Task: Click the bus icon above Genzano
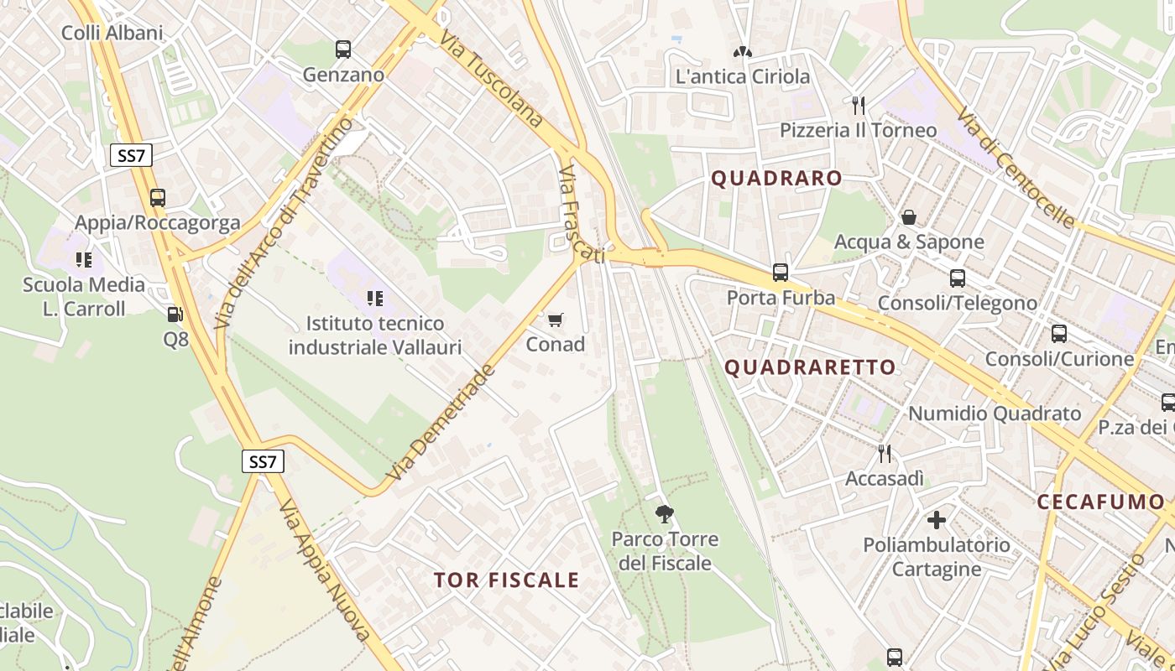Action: point(343,49)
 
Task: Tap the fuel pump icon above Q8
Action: point(175,315)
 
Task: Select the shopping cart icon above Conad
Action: point(555,320)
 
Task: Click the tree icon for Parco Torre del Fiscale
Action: point(665,513)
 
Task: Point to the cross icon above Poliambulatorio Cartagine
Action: point(937,520)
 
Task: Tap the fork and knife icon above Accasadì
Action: point(884,454)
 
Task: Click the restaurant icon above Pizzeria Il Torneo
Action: point(858,106)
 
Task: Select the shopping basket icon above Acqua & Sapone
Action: point(908,218)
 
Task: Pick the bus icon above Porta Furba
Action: point(781,273)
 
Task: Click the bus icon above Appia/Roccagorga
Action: point(158,198)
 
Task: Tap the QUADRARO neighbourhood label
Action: point(776,178)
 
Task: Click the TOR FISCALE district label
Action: point(507,580)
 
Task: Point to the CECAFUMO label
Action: point(1100,502)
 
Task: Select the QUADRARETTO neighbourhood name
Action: point(810,367)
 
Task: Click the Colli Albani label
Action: point(112,33)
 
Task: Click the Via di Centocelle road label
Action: point(1016,168)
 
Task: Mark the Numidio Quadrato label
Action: point(995,414)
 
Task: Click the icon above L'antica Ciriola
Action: point(743,52)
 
